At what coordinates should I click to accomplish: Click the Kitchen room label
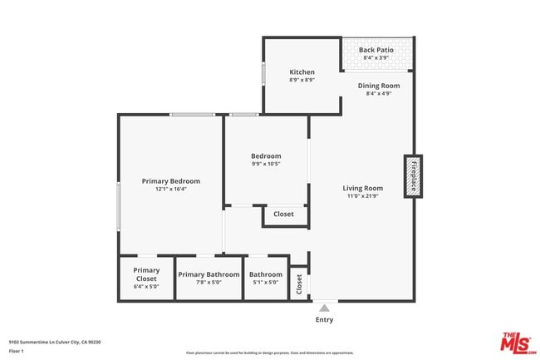pos(302,72)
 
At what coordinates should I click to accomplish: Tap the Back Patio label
pos(376,50)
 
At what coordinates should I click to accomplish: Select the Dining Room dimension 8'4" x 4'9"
pos(379,93)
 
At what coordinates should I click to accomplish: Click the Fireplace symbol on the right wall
pos(413,175)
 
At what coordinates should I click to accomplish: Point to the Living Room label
pos(363,188)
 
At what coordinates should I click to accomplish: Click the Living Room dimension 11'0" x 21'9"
pos(363,196)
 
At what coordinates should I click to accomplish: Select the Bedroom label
pos(266,155)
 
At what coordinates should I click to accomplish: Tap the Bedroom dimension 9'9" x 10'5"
pos(266,164)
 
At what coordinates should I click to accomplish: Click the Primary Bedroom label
pos(170,180)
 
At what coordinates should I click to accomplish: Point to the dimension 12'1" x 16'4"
pos(170,189)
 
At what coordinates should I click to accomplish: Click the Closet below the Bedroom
pos(283,215)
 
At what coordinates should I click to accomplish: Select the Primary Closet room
pos(146,277)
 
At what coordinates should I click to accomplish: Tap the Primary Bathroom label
pos(209,274)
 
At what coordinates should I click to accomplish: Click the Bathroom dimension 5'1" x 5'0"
pos(266,283)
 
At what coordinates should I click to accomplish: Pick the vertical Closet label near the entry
pos(299,284)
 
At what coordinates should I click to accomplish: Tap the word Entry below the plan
pos(324,319)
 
